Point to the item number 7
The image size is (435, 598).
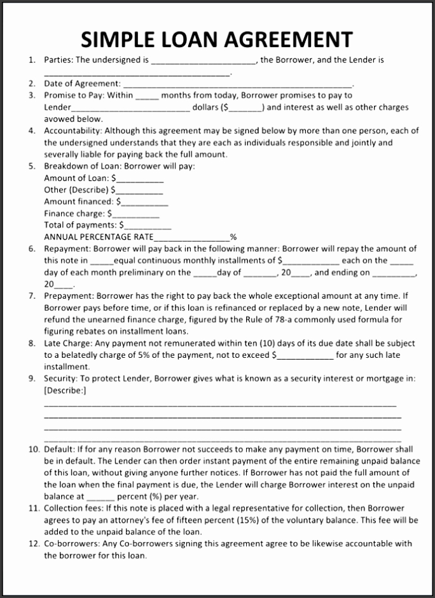pos(32,296)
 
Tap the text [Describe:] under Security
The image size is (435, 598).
pos(65,390)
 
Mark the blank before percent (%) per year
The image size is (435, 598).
pos(100,497)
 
